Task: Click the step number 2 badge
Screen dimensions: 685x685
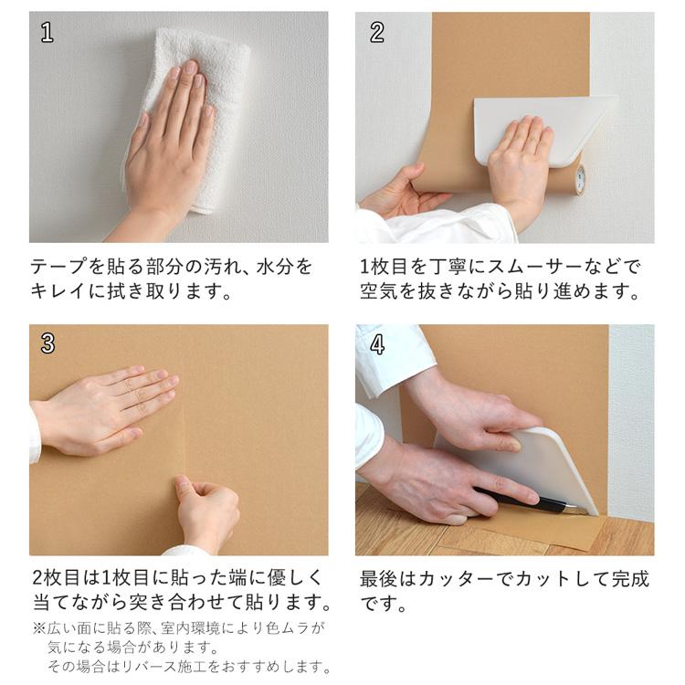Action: [x=377, y=33]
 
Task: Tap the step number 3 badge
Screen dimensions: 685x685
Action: [x=47, y=344]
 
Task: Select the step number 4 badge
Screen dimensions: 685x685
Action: [x=377, y=344]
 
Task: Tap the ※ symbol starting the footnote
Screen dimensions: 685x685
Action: [x=38, y=628]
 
